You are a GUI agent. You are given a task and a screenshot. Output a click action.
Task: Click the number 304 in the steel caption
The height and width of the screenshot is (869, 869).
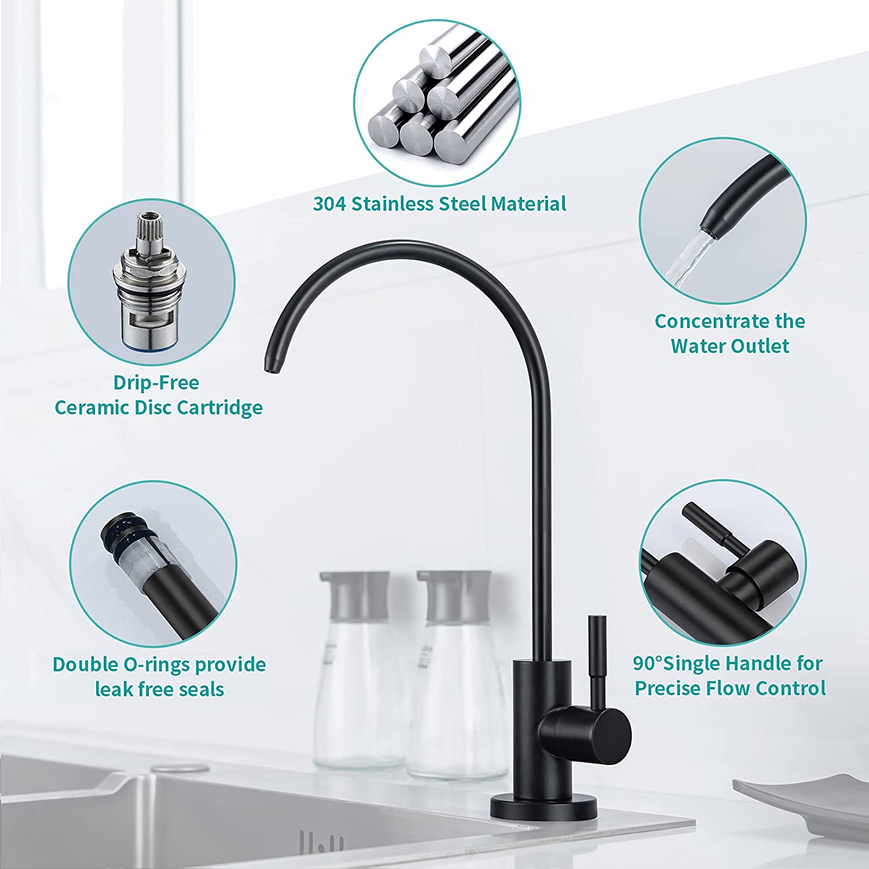click(x=330, y=204)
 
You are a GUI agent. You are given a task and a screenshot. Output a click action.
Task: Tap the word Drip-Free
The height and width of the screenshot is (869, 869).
click(x=156, y=383)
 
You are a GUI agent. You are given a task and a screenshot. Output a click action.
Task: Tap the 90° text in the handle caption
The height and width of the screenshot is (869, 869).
click(x=648, y=663)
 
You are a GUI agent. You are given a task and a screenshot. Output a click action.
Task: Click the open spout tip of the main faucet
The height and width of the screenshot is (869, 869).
click(x=269, y=367)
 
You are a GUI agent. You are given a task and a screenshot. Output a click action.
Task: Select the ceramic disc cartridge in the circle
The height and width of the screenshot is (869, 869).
click(x=149, y=280)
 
